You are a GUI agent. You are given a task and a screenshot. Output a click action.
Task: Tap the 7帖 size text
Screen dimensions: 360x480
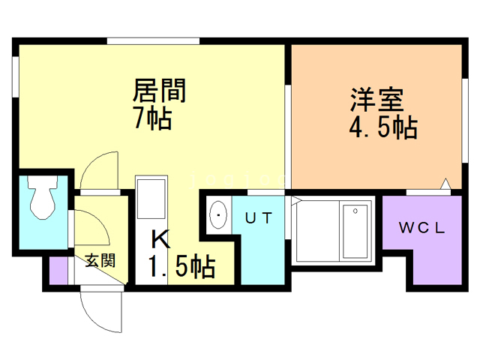(x=152, y=118)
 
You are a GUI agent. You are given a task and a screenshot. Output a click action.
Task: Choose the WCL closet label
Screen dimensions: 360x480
(x=422, y=228)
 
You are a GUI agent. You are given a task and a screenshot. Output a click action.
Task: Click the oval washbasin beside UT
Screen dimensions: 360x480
(x=218, y=217)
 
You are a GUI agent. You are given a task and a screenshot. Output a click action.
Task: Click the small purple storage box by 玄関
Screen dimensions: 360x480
(x=58, y=271)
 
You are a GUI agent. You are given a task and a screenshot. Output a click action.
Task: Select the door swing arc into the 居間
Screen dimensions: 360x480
(x=97, y=169)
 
